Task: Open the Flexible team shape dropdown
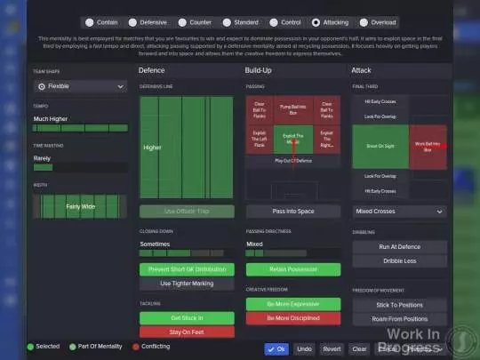coord(80,86)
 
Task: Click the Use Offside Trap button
coord(187,212)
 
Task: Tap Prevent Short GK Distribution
coord(187,269)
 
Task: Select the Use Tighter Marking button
coord(187,284)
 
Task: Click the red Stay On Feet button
coord(187,332)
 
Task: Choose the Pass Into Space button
coord(292,212)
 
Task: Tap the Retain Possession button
coord(292,269)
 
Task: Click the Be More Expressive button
coord(292,304)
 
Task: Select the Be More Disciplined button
coord(292,318)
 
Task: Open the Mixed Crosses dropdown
coord(398,212)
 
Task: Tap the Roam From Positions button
coord(398,318)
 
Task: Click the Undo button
coord(304,349)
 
